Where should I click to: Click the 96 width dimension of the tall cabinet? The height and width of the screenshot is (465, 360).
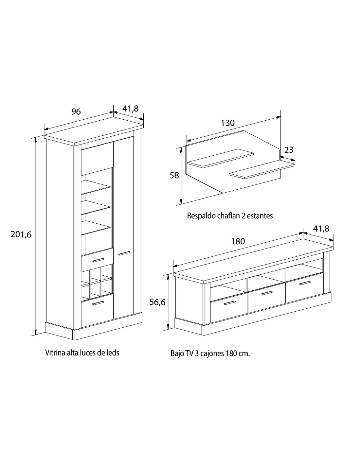(x=76, y=112)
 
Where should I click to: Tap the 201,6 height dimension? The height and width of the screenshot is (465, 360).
(x=21, y=234)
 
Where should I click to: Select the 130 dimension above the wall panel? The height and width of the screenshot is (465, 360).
(x=228, y=123)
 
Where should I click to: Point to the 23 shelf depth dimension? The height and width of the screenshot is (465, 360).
(x=289, y=150)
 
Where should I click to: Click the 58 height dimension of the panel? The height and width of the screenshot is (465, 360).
(x=174, y=175)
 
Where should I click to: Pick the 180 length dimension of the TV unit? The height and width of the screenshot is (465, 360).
(x=238, y=241)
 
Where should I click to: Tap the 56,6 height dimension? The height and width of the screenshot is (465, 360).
(x=157, y=302)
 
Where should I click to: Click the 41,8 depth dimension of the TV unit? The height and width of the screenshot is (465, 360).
(x=321, y=229)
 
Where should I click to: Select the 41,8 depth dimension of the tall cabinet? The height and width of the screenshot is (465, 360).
(x=131, y=109)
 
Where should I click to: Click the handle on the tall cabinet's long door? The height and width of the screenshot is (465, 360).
(x=124, y=253)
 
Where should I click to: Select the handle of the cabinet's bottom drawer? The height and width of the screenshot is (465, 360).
(x=98, y=303)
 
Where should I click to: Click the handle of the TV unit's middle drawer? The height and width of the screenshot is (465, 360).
(x=267, y=293)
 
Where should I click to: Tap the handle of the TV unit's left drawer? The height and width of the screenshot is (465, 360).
(x=230, y=303)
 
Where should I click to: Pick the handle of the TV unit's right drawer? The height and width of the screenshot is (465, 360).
(x=305, y=283)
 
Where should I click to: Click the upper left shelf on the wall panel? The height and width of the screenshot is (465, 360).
(x=221, y=158)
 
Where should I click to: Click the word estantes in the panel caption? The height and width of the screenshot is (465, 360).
(x=260, y=216)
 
